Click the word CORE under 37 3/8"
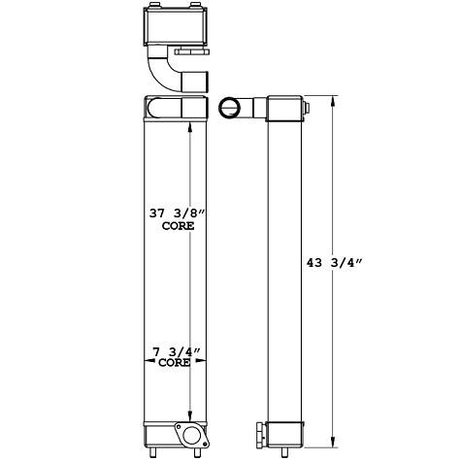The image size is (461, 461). [x=176, y=225]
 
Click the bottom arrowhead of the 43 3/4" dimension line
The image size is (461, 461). [x=334, y=439]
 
